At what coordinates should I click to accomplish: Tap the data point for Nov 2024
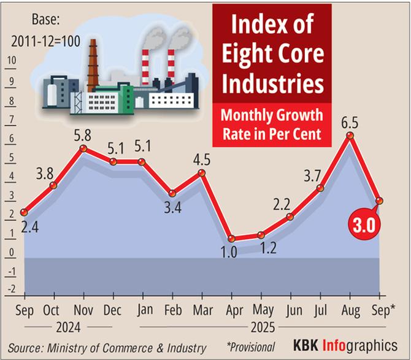coord(83,148)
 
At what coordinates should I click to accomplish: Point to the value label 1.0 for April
coord(230,253)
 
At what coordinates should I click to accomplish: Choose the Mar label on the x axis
coord(201,310)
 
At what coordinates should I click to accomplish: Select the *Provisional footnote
coord(250,347)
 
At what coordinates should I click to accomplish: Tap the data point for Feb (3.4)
coord(172,193)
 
